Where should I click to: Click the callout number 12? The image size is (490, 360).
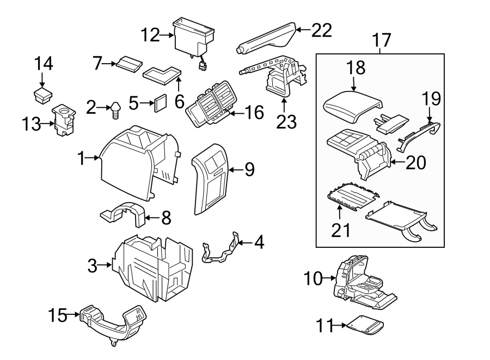[150, 36]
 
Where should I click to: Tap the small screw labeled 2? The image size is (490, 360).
[116, 109]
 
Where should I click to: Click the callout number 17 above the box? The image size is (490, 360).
[382, 40]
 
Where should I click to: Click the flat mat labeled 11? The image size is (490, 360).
[366, 326]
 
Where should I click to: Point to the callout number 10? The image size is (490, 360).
[313, 279]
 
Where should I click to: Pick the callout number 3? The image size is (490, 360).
[93, 266]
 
